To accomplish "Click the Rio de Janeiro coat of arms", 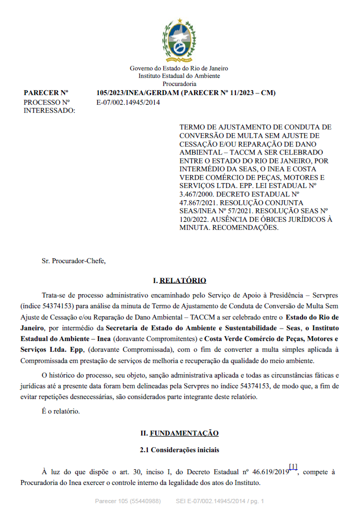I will pyautogui.click(x=179, y=41).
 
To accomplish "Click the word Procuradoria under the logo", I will pyautogui.click(x=179, y=84).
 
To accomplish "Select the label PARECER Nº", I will pyautogui.click(x=46, y=93).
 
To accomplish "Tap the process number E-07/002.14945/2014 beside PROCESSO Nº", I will pyautogui.click(x=128, y=102).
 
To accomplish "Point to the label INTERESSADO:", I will pyautogui.click(x=49, y=111).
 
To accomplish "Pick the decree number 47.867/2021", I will pyautogui.click(x=201, y=202).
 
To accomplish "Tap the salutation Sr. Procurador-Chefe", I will pyautogui.click(x=74, y=261).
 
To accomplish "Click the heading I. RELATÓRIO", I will pyautogui.click(x=179, y=280).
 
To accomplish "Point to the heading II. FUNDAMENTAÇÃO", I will pyautogui.click(x=179, y=433).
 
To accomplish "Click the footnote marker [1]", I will pyautogui.click(x=293, y=466).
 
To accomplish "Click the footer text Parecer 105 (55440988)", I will pyautogui.click(x=127, y=501).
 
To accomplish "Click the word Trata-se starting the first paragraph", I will pyautogui.click(x=54, y=295).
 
